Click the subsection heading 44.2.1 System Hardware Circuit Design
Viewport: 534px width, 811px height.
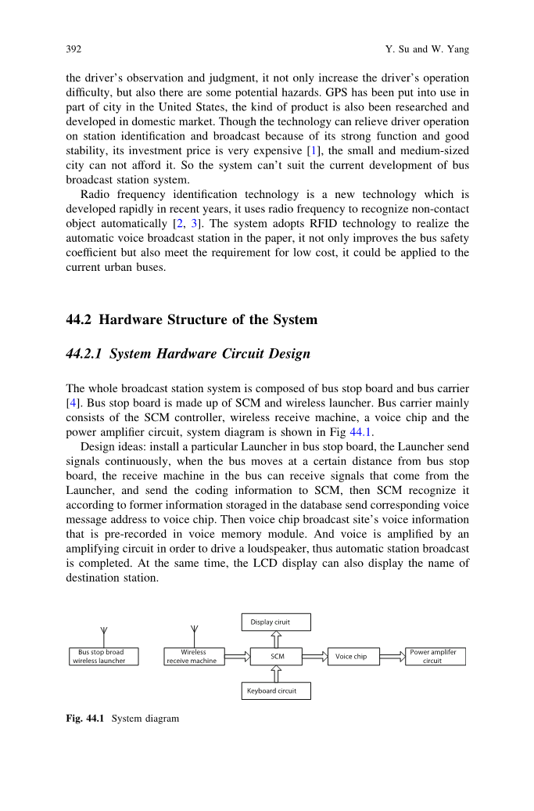coord(188,354)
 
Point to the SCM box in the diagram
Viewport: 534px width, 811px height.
coord(276,656)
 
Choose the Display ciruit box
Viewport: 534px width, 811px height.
coord(276,622)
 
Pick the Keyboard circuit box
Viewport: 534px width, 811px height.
coord(276,690)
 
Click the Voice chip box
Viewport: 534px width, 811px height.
coord(352,656)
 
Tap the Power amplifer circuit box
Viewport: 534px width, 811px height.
coord(435,656)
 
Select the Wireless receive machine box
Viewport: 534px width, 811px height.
coord(194,656)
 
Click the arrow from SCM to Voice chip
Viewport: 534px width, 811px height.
coord(314,656)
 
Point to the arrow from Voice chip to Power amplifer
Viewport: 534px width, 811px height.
coord(392,656)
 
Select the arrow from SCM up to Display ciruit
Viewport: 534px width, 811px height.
coord(276,639)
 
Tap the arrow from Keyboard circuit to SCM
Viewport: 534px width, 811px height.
coord(276,674)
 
